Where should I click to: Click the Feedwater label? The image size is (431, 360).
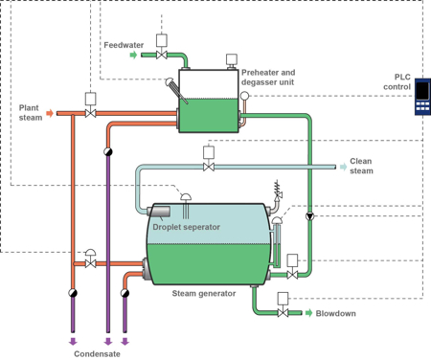[124, 44]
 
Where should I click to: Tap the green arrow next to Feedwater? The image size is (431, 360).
[133, 56]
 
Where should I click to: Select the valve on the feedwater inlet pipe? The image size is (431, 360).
[162, 56]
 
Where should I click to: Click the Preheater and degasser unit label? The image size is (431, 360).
[268, 78]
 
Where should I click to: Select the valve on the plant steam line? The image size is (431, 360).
[91, 114]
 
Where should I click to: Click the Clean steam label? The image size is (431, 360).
[361, 166]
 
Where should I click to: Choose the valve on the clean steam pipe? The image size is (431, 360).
[209, 167]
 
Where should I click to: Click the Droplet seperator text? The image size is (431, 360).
[186, 227]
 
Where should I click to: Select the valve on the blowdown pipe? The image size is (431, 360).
[284, 313]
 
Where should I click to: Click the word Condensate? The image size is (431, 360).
[98, 352]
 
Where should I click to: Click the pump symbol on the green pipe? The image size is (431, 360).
[309, 216]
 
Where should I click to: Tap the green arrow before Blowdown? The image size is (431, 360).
[308, 313]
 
